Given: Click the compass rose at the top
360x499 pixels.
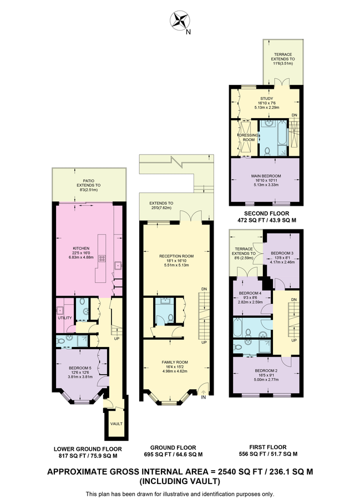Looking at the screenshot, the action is tap(180, 20).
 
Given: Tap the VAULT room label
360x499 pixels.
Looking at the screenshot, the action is tap(116, 424).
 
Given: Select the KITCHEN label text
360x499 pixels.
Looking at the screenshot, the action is tap(81, 248).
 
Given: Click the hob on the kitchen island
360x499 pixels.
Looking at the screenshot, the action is tap(102, 258).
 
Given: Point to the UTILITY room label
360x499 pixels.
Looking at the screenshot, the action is tap(64, 318).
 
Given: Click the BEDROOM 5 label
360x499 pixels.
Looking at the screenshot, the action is tap(80, 368).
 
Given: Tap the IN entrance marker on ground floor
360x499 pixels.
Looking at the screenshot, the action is tap(204, 398).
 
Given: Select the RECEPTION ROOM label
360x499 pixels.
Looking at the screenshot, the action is tap(176, 256).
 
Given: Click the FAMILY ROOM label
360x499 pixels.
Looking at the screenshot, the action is tap(175, 362).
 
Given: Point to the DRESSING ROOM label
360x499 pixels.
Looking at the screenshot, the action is tap(249, 138).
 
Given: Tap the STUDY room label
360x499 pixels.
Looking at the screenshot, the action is tap(266, 99).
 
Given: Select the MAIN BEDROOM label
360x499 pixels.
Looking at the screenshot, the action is tap(266, 176).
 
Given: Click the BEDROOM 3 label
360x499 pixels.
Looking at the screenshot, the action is tap(282, 253).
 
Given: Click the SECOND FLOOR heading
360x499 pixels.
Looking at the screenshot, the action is tap(266, 213).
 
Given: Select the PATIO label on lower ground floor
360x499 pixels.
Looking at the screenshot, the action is tap(89, 181).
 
